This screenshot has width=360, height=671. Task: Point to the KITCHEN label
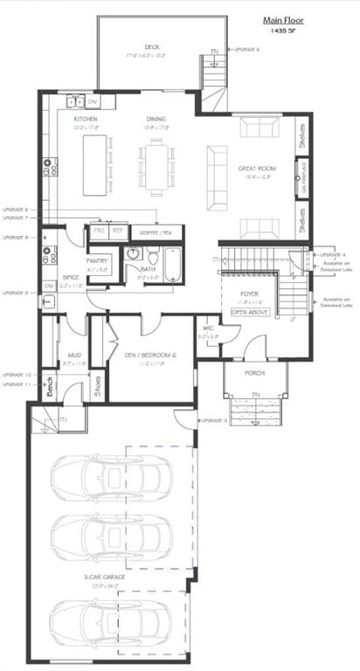pos(85,119)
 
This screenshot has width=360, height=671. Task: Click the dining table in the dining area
pos(154,166)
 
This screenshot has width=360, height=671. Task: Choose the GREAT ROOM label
pos(257,167)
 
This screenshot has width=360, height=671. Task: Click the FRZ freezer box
pos(98,232)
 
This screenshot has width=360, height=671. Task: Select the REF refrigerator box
pos(117,232)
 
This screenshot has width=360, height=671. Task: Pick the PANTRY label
pos(96,261)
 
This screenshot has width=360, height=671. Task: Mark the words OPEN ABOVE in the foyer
pos(248,310)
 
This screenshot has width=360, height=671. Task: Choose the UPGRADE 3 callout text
pos(214,420)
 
